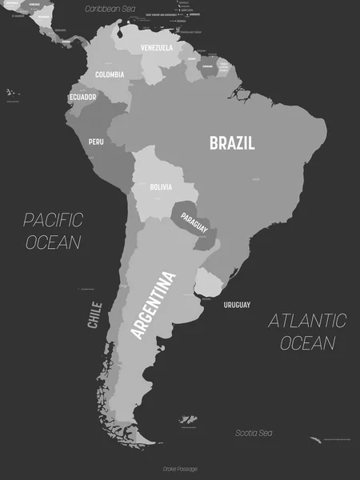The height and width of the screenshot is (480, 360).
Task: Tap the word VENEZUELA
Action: point(156,48)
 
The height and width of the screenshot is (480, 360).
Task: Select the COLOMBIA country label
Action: point(110,74)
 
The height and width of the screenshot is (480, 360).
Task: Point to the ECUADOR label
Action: point(83,97)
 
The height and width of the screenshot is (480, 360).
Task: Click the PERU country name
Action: point(96,142)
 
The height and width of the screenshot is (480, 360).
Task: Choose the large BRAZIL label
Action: point(232,144)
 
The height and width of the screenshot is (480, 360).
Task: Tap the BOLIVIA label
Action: point(160,187)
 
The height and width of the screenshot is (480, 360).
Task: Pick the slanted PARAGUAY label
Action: point(194,223)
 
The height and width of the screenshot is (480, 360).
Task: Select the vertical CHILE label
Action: point(95,314)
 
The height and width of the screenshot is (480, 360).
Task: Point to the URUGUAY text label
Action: point(237,305)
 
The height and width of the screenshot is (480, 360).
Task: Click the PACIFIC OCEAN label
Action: point(53,230)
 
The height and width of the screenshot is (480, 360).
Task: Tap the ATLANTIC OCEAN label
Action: point(306,332)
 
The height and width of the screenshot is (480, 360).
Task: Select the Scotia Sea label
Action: point(254,433)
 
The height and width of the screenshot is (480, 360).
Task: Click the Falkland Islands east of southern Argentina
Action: point(189,420)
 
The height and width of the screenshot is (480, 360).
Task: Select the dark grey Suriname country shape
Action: point(207,66)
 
